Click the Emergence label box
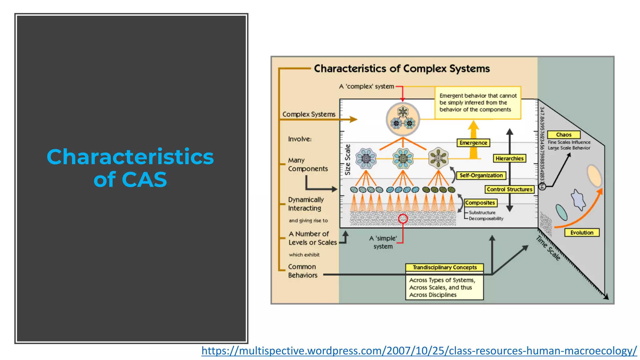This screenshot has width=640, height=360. tap(473, 143)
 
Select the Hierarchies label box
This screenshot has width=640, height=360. tap(509, 158)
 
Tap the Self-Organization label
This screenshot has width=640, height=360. tap(481, 175)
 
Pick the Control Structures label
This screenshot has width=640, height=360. tap(509, 189)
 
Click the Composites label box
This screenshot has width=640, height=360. tap(480, 203)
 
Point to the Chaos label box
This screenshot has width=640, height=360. tap(564, 135)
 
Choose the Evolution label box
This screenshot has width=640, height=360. tap(582, 232)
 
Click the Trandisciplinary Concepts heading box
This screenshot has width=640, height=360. tap(444, 267)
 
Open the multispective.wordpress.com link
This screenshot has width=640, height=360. tap(419, 351)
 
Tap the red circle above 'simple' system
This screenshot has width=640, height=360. tap(403, 219)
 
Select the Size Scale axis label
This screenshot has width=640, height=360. tap(347, 160)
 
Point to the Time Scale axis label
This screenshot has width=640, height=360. tap(548, 248)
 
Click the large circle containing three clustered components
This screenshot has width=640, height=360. tap(403, 119)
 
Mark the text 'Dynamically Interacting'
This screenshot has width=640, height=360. tap(305, 204)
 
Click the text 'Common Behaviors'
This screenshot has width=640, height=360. tap(302, 271)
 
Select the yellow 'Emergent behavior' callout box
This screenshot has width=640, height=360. tap(478, 103)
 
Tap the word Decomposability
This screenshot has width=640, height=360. tap(486, 219)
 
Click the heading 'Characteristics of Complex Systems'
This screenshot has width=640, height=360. tap(402, 69)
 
